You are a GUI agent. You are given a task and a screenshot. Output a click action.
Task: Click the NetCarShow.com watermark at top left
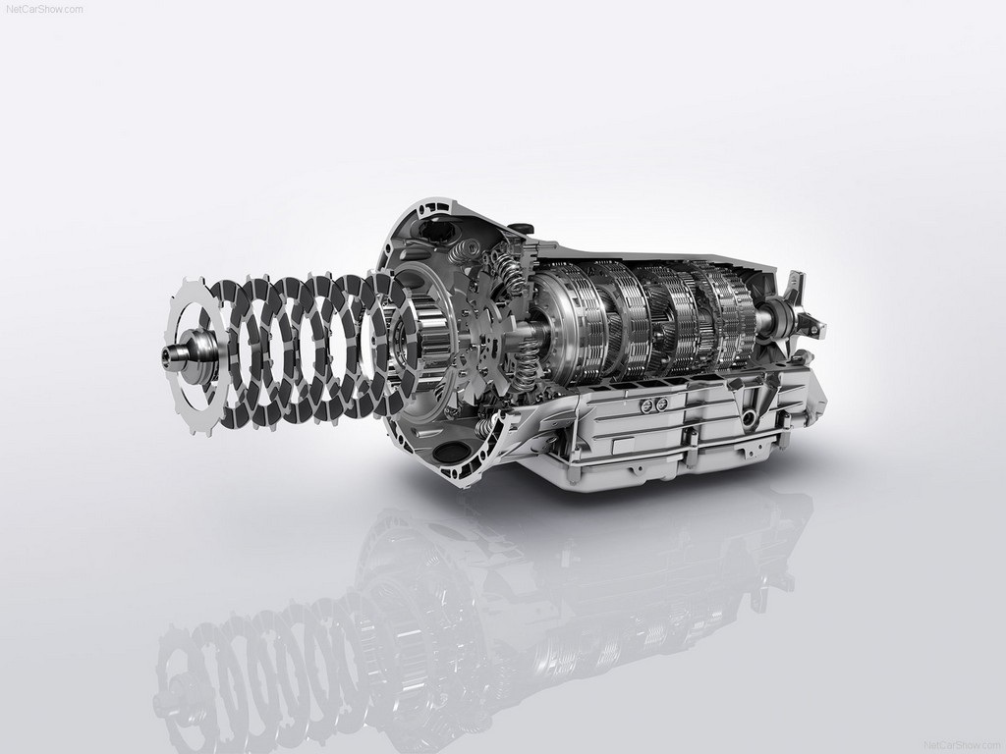pyautogui.click(x=44, y=9)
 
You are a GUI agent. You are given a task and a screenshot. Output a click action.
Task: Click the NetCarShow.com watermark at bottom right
pyautogui.click(x=962, y=745)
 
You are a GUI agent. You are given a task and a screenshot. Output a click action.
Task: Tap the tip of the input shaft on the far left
pyautogui.click(x=165, y=352)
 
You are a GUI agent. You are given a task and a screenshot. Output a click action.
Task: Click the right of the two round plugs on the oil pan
pyautogui.click(x=661, y=404)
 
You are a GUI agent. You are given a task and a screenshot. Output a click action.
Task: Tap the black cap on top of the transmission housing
pyautogui.click(x=522, y=228)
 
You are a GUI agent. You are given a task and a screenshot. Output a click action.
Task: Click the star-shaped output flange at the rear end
pyautogui.click(x=799, y=306)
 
